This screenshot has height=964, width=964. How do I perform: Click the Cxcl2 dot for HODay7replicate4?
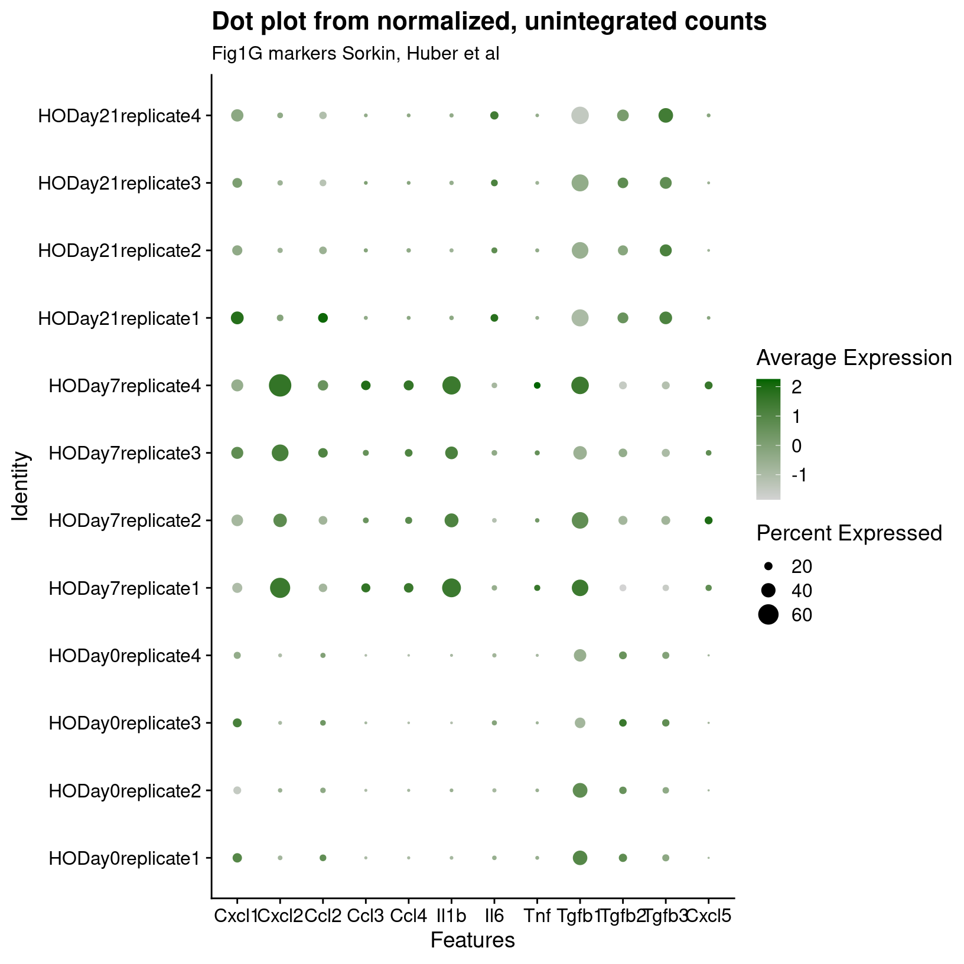(279, 386)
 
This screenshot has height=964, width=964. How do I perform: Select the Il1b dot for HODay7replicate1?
(451, 588)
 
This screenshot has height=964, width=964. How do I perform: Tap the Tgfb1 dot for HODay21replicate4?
(579, 116)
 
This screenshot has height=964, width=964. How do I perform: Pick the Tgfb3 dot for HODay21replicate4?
(666, 116)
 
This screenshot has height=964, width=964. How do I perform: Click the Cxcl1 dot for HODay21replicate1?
(237, 318)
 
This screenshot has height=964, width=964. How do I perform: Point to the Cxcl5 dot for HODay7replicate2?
(708, 520)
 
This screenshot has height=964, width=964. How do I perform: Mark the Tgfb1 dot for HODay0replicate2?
(579, 790)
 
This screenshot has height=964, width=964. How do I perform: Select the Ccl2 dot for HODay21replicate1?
(323, 318)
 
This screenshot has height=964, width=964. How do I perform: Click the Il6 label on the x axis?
(494, 916)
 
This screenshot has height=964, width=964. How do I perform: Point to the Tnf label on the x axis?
(537, 916)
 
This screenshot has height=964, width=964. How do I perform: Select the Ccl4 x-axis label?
(408, 916)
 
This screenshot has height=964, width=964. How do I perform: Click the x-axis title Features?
(473, 940)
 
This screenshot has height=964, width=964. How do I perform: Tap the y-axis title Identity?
(22, 486)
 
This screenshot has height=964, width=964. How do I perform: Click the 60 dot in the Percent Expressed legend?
(768, 615)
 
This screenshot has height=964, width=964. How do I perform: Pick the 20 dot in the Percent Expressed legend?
(768, 566)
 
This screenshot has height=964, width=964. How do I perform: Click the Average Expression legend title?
(854, 358)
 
